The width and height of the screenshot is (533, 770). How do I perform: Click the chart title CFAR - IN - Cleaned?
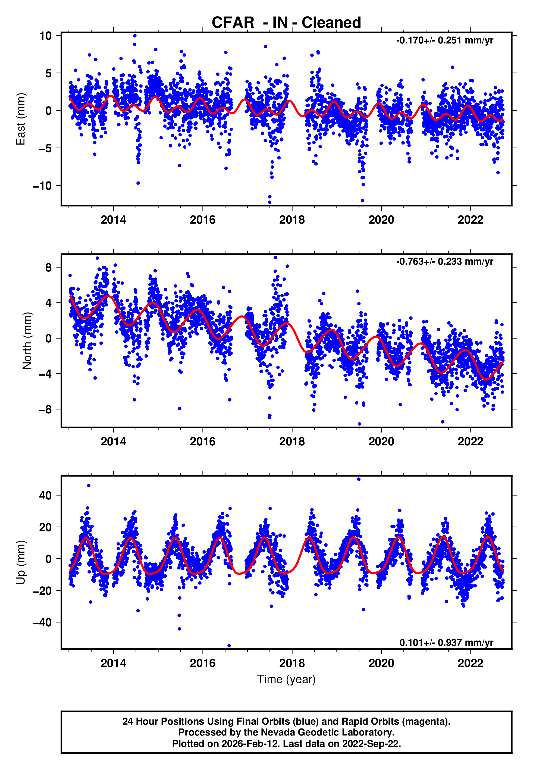286,23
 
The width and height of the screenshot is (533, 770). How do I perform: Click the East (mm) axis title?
21,119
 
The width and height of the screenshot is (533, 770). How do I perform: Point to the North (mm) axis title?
27,341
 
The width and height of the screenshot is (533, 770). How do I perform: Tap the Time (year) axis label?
286,679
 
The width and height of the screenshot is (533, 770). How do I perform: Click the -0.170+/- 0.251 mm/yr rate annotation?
444,40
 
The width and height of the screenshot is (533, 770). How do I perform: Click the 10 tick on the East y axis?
45,36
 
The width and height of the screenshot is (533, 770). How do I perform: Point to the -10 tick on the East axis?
42,186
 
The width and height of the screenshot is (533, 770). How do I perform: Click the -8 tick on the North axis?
45,409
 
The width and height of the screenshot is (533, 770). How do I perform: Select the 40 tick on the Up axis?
45,495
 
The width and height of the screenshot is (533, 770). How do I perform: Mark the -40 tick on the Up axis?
42,622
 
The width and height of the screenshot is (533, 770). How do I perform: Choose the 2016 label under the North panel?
203,442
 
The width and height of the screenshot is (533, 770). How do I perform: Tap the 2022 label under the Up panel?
470,663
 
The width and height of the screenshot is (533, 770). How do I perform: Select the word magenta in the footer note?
425,721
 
